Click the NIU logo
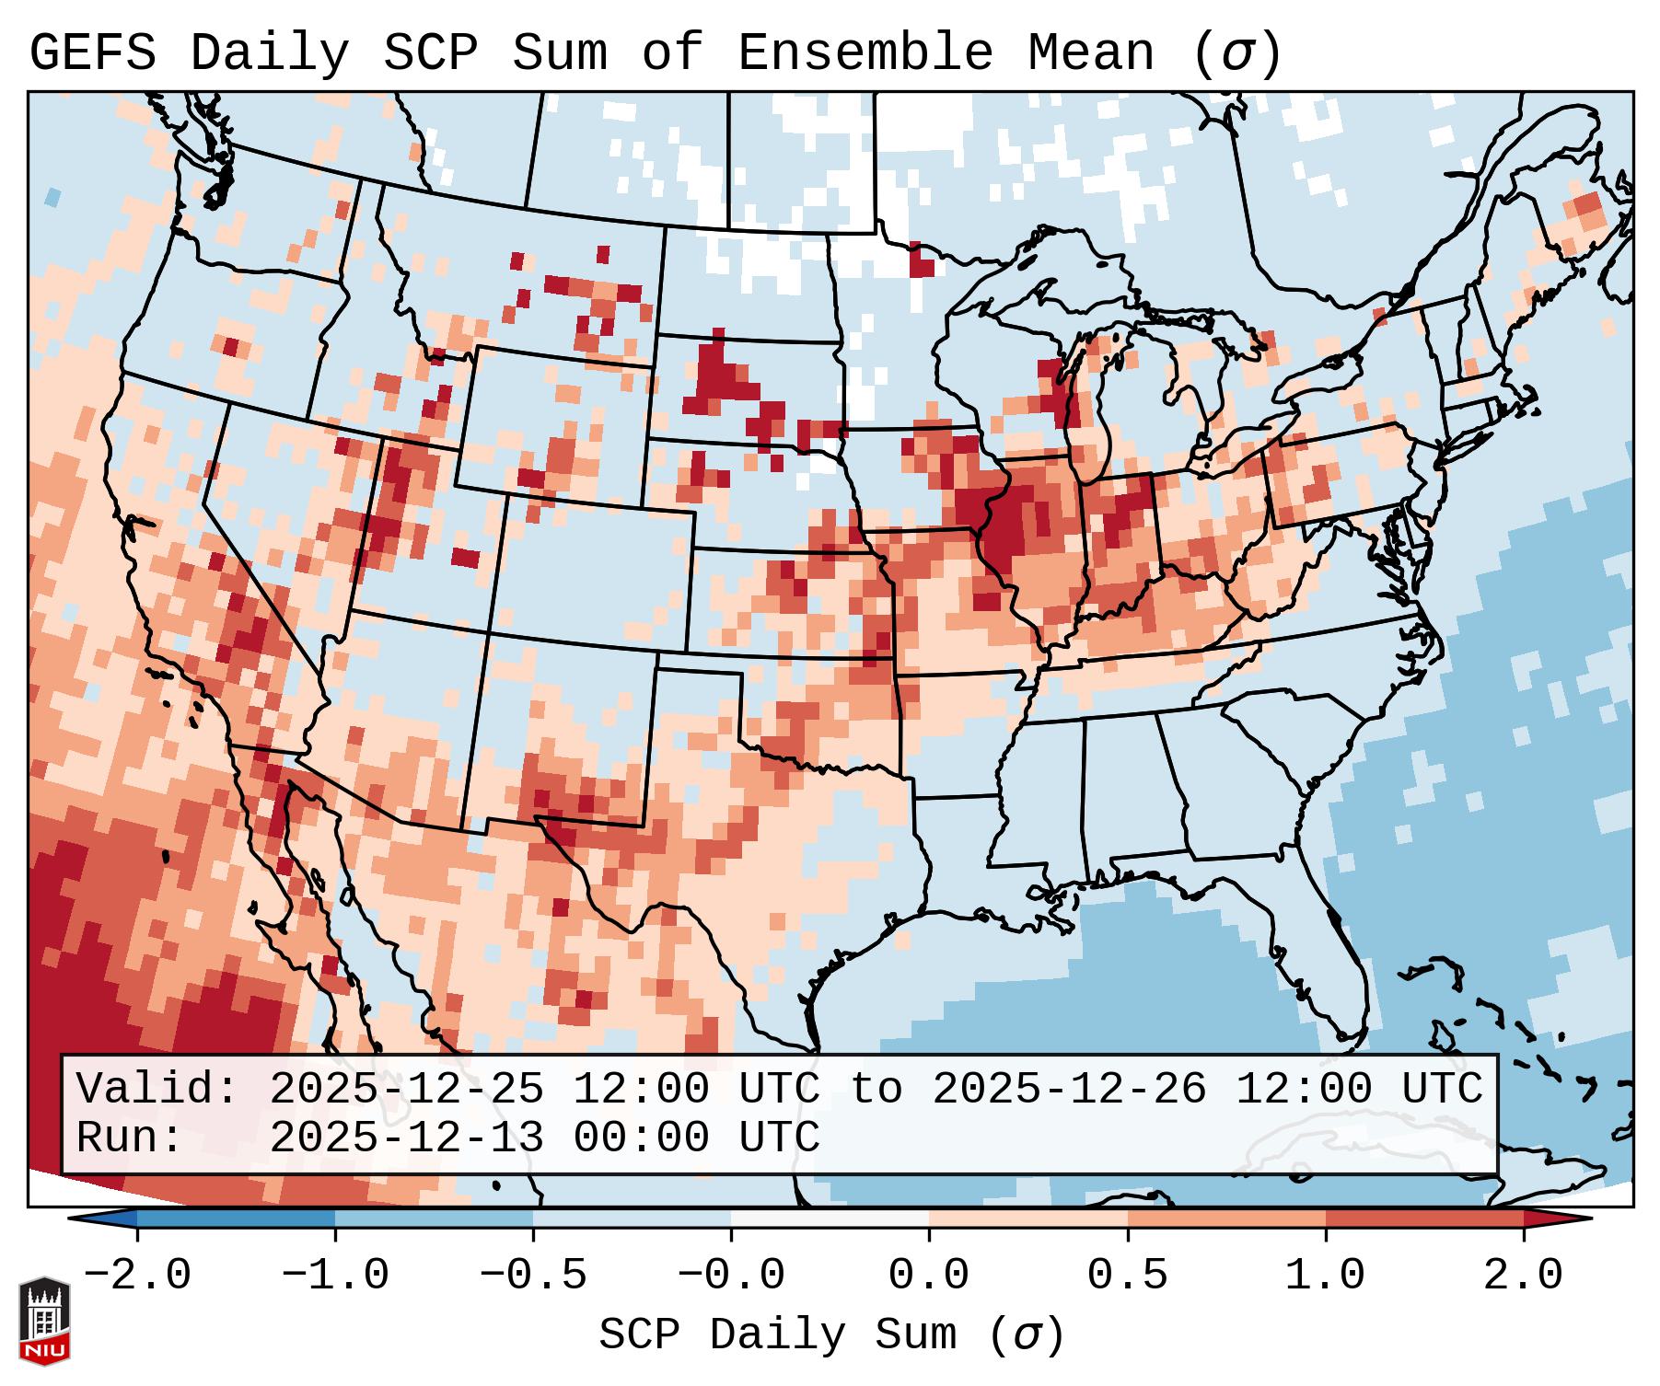44,1321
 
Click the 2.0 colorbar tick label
1523,1276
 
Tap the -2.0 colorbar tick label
137,1276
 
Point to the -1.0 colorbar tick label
334,1276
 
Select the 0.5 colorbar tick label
1127,1276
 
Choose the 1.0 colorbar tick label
1325,1276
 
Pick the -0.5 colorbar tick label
533,1276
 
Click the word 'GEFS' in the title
92,52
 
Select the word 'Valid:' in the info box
157,1089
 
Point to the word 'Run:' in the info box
130,1138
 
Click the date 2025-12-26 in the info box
1069,1089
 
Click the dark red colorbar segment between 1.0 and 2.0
1424,1219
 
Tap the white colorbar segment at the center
830,1219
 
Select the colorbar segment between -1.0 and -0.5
434,1219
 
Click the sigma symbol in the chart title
1236,54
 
